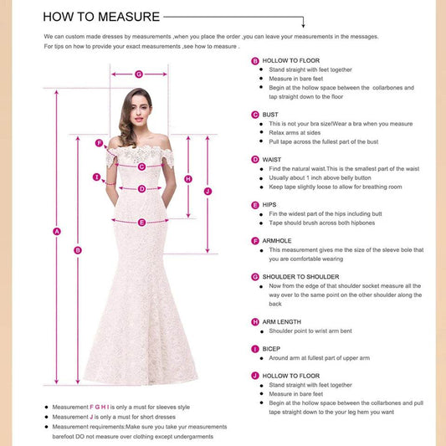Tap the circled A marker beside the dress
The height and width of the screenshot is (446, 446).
pos(57,232)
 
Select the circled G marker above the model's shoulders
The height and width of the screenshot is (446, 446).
pos(139,74)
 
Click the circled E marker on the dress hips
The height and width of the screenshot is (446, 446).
pos(141,222)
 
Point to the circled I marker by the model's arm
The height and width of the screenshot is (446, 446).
pos(97,177)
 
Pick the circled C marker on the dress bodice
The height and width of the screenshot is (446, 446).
pos(141,167)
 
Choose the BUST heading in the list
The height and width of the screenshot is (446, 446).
pos(270,114)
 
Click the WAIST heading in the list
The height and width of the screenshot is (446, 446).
pos(271,159)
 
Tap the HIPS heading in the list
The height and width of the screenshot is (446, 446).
pos(269,204)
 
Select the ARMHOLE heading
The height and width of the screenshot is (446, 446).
pos(277,240)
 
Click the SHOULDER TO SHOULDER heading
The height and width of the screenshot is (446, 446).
pos(300,276)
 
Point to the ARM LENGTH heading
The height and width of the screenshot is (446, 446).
pos(283,321)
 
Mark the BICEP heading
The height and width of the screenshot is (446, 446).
pos(271,348)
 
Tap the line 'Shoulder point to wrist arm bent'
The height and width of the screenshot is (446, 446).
pos(315,331)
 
